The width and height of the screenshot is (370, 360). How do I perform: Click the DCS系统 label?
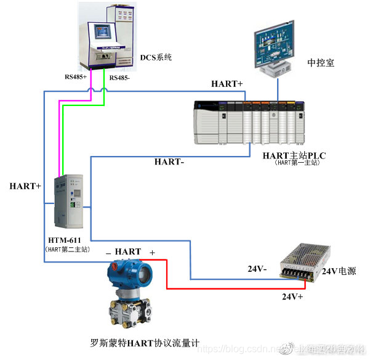(156, 57)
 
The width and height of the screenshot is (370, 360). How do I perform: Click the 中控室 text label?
(321, 62)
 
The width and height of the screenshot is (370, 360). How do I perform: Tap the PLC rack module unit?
(249, 121)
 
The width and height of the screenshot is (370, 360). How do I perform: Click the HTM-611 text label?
(64, 240)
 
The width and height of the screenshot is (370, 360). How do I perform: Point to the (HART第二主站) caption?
(68, 250)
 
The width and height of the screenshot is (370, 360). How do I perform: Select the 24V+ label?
(294, 297)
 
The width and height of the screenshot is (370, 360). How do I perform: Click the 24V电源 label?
(339, 271)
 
